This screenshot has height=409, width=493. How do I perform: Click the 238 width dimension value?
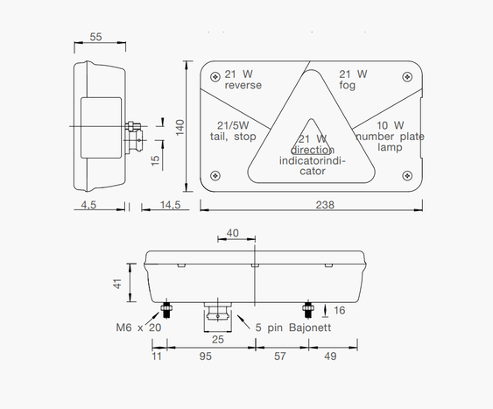pos(325,205)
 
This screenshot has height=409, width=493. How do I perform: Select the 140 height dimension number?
pos(180,127)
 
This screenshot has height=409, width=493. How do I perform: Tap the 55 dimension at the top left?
pos(96,37)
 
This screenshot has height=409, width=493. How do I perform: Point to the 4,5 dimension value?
pos(88,205)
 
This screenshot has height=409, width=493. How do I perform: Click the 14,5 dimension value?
pos(171,205)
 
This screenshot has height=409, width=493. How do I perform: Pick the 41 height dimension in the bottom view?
pos(117,284)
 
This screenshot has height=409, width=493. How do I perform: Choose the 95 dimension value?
pos(205,356)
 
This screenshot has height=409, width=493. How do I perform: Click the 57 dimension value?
pos(280,356)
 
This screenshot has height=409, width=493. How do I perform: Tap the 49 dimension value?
pos(330,356)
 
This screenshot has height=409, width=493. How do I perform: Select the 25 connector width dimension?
pos(218,340)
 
